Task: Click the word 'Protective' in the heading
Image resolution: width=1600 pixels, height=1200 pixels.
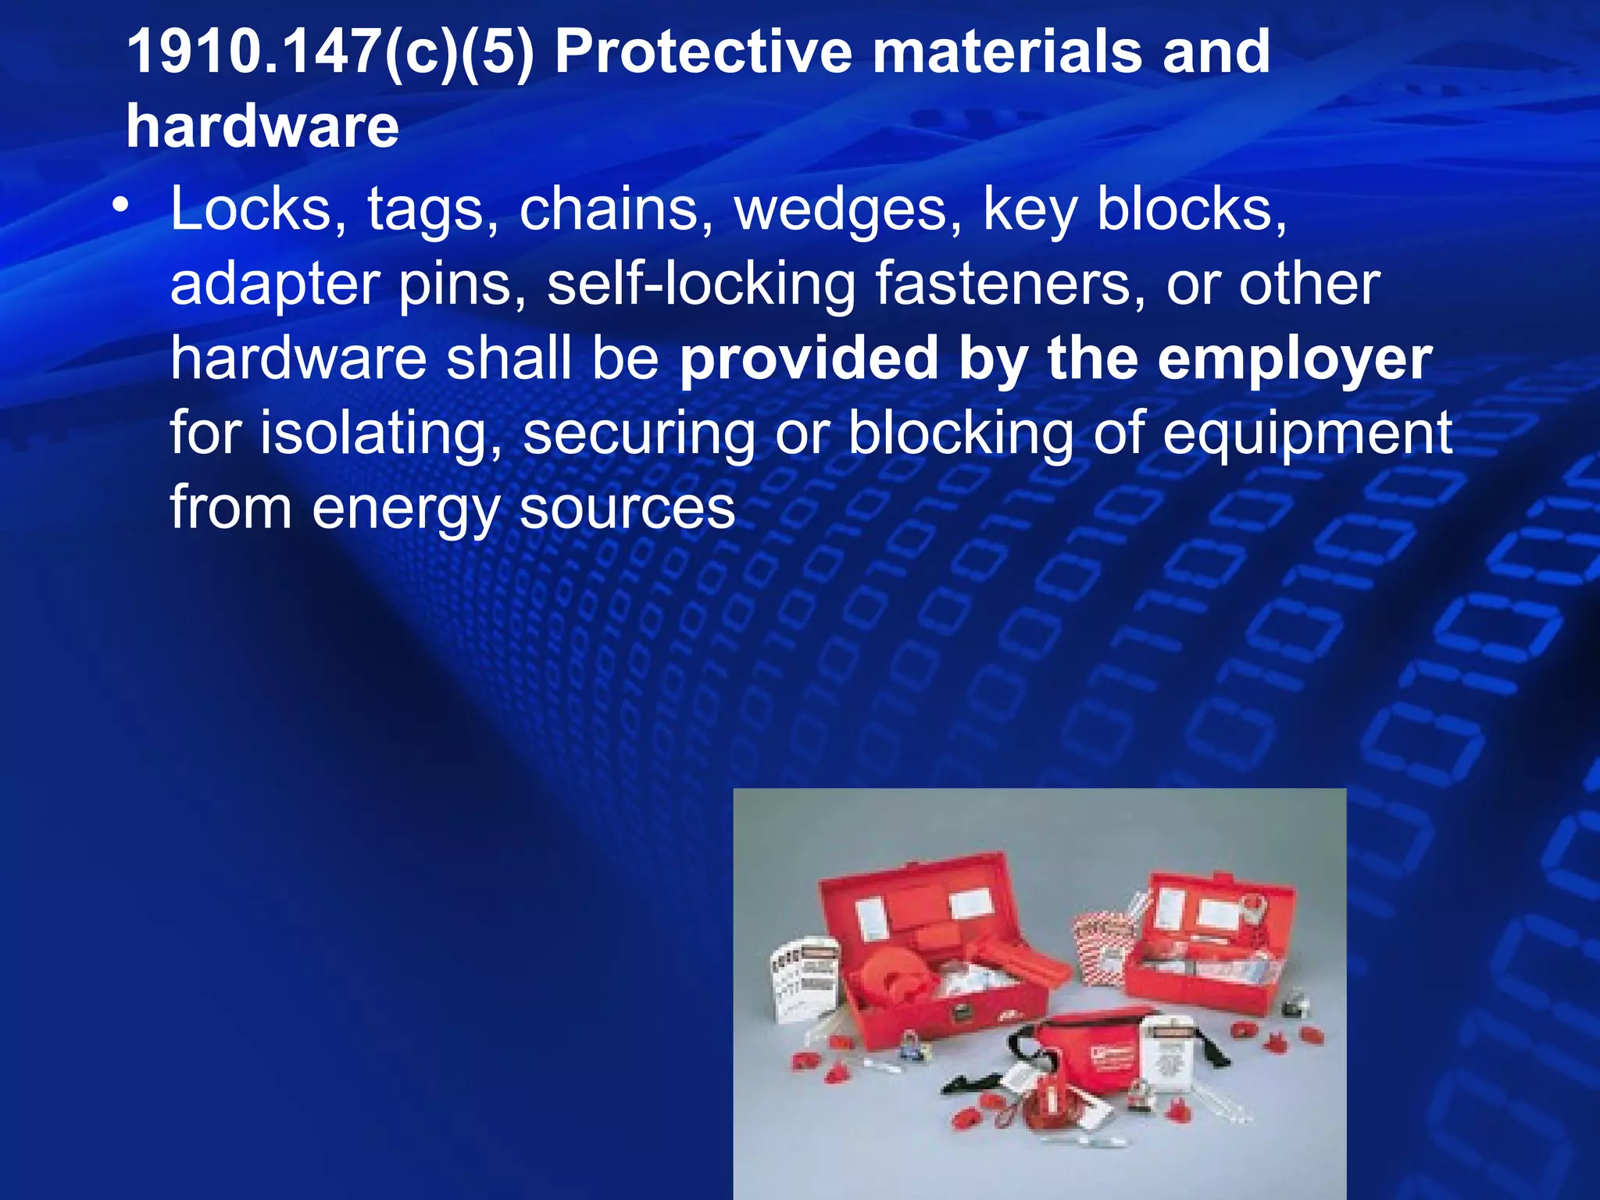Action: click(x=703, y=52)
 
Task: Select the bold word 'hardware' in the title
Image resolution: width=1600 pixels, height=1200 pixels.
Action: click(x=262, y=127)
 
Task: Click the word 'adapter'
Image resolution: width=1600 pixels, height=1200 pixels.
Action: click(x=274, y=285)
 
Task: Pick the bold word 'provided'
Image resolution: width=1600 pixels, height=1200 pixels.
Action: click(x=809, y=359)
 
